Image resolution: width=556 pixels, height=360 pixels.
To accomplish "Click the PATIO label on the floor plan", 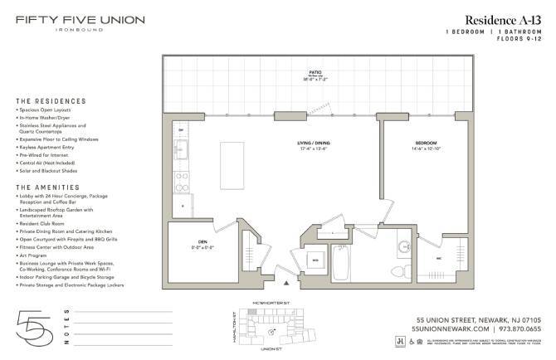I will (314, 73).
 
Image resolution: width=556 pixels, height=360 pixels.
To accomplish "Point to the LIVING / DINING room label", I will (314, 145).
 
